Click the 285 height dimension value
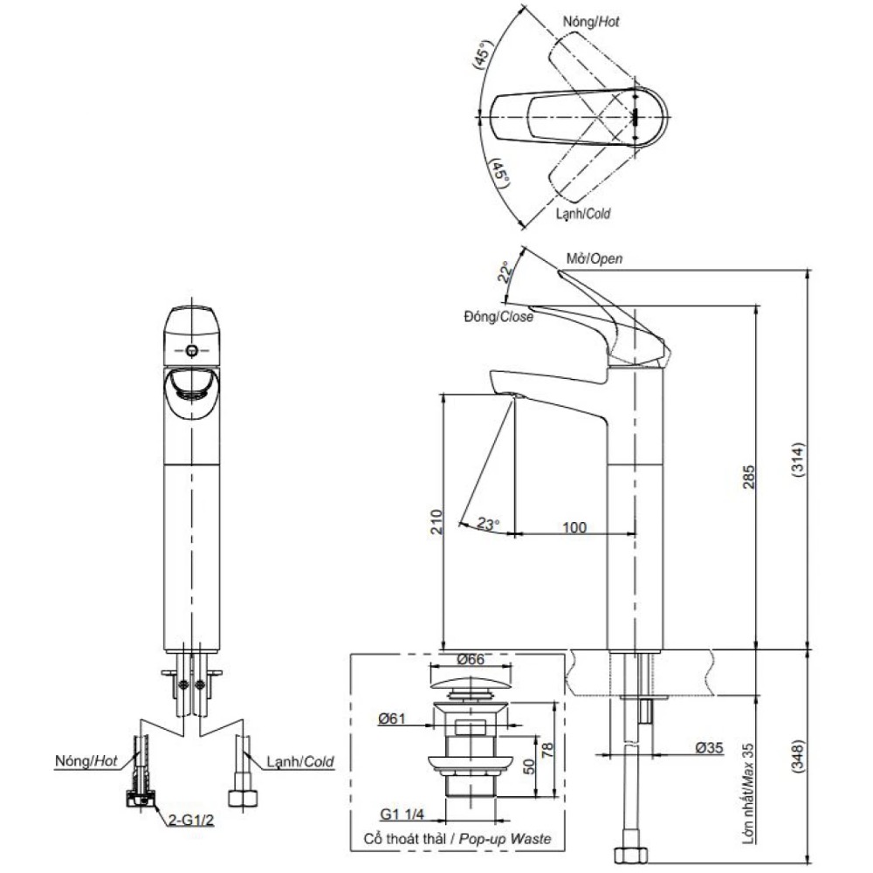(x=749, y=478)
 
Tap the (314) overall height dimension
(x=797, y=460)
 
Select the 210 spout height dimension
(x=437, y=522)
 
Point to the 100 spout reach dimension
(x=574, y=526)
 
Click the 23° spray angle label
(x=488, y=523)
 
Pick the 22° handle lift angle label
(x=505, y=272)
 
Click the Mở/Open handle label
(x=594, y=258)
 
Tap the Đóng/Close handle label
(x=498, y=316)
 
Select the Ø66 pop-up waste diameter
(x=471, y=659)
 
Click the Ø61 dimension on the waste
(x=392, y=718)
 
